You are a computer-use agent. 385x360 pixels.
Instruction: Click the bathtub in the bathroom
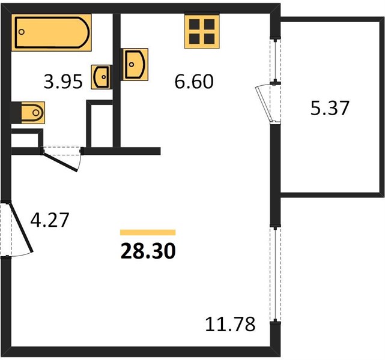(x=51, y=32)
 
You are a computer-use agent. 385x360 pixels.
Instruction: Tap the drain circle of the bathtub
(x=22, y=32)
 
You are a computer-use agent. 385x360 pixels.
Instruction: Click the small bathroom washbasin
(x=102, y=77)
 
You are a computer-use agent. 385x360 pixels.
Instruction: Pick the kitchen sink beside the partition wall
(x=134, y=64)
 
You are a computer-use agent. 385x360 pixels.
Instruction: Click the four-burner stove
(x=202, y=31)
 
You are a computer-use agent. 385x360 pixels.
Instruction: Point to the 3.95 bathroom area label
(x=63, y=82)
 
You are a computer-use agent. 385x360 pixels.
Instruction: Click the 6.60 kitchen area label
(x=194, y=82)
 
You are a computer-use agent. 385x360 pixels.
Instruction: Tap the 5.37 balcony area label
(x=330, y=108)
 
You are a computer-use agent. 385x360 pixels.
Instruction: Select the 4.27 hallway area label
(x=50, y=220)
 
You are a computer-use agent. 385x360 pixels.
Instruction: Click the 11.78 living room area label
(x=230, y=324)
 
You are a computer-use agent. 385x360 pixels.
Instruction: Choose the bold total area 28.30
(x=148, y=251)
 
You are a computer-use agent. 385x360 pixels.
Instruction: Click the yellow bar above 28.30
(x=148, y=232)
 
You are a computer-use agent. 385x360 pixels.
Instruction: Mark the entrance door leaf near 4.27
(x=20, y=227)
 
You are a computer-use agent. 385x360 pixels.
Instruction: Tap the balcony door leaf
(x=264, y=104)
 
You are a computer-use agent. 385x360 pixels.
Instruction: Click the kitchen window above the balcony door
(x=275, y=61)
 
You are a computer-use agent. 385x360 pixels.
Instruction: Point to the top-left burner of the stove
(x=194, y=24)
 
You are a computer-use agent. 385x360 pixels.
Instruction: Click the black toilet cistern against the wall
(x=16, y=113)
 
